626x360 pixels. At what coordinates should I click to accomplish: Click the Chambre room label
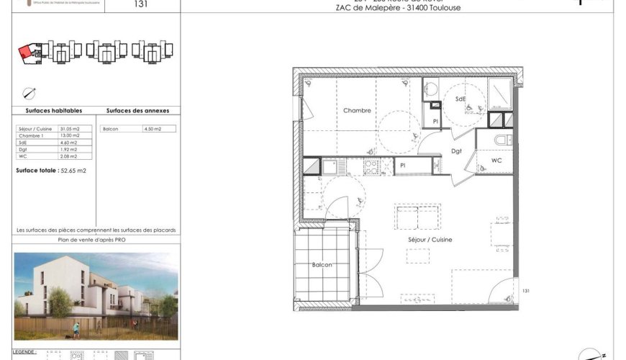pyautogui.click(x=357, y=111)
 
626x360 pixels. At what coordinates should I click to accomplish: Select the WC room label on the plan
pyautogui.click(x=496, y=160)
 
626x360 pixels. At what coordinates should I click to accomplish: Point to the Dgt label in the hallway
pyautogui.click(x=456, y=151)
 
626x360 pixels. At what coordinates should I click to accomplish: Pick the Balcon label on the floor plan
pyautogui.click(x=322, y=266)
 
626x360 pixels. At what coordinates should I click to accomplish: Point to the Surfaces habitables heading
pyautogui.click(x=54, y=111)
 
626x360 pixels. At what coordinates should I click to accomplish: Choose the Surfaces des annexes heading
pyautogui.click(x=137, y=111)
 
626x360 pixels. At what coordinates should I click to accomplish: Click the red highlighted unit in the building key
pyautogui.click(x=24, y=52)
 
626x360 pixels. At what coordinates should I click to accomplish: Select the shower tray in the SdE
pyautogui.click(x=499, y=93)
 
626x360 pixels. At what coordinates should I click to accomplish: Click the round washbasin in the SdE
pyautogui.click(x=431, y=89)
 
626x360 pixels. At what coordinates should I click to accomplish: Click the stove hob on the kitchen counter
pyautogui.click(x=372, y=167)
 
